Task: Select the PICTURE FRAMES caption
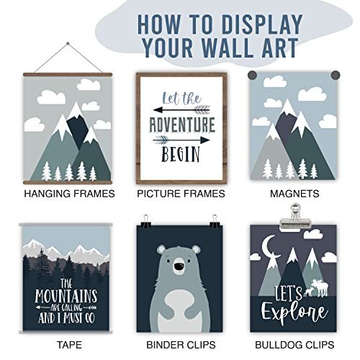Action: tap(181, 194)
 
